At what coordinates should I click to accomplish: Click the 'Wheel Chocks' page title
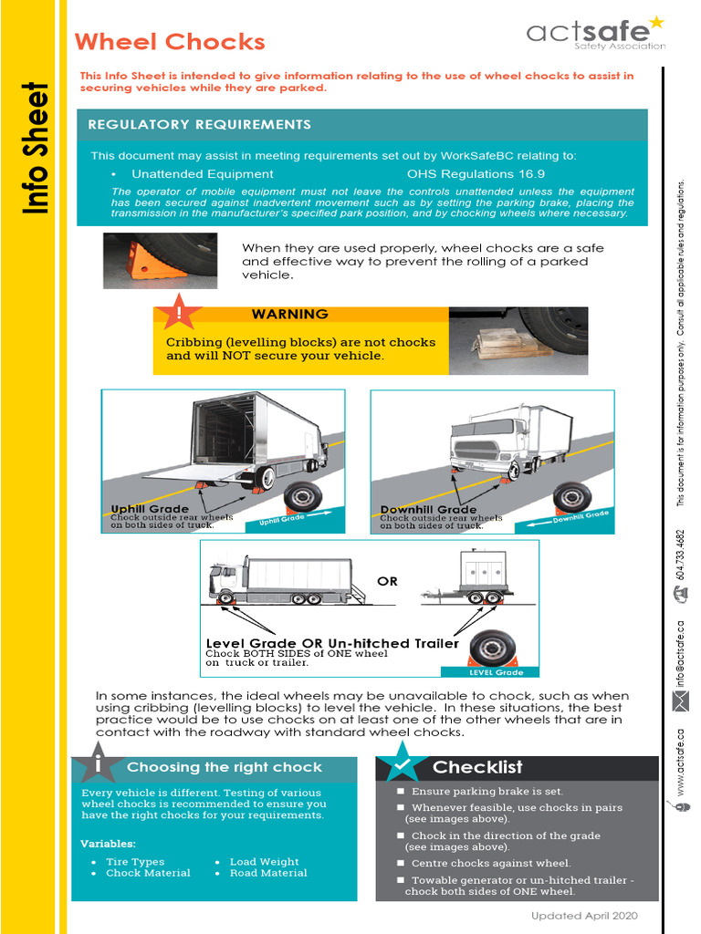click(170, 42)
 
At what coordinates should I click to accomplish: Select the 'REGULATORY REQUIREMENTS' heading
click(199, 125)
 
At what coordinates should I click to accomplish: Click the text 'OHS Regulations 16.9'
click(476, 173)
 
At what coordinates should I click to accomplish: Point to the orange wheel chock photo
click(160, 260)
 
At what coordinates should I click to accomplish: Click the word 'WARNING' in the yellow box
click(289, 315)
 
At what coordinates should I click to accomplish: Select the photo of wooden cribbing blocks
click(518, 339)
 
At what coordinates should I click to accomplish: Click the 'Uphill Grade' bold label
click(150, 509)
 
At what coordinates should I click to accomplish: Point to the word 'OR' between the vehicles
click(387, 581)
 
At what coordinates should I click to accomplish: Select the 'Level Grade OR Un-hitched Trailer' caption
click(332, 644)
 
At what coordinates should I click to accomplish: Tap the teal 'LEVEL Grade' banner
click(496, 672)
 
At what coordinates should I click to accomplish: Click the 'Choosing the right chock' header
click(225, 767)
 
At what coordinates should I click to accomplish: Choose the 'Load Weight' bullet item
click(264, 862)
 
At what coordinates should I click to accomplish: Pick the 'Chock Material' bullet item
click(148, 873)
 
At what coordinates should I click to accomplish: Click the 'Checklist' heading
click(477, 767)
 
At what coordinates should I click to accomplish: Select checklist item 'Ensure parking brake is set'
click(487, 792)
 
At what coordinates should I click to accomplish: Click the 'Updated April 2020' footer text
click(584, 916)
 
